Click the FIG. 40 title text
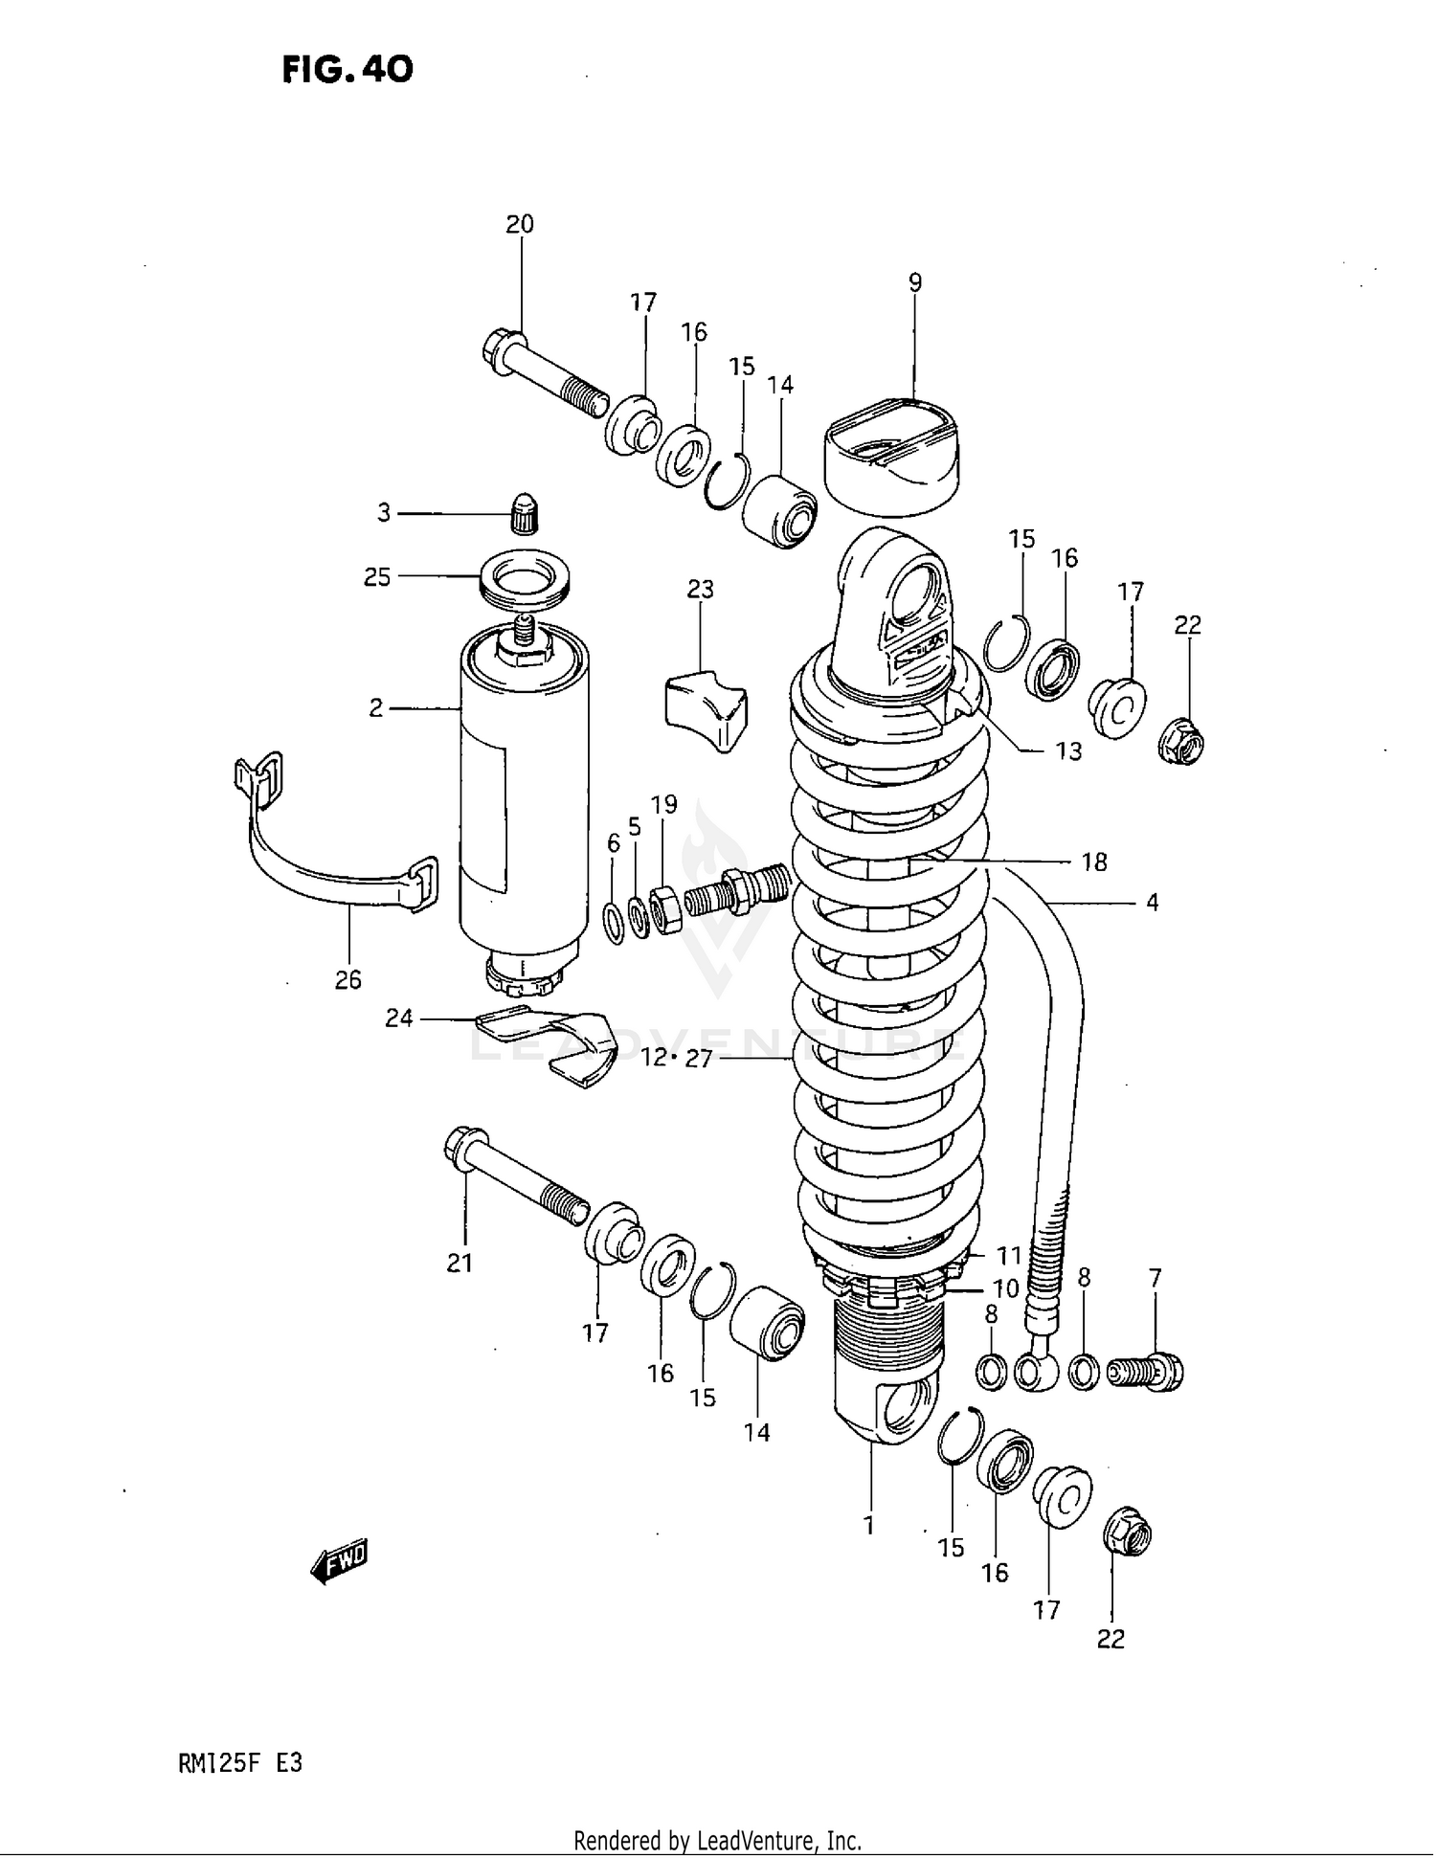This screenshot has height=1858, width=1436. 348,69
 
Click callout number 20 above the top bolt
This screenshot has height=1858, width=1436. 520,224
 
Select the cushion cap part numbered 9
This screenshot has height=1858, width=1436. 890,455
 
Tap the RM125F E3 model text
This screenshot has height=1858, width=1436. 240,1763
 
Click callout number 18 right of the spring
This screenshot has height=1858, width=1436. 1094,862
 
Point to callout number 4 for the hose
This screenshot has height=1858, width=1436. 1153,902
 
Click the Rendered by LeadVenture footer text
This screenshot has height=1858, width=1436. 717,1840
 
